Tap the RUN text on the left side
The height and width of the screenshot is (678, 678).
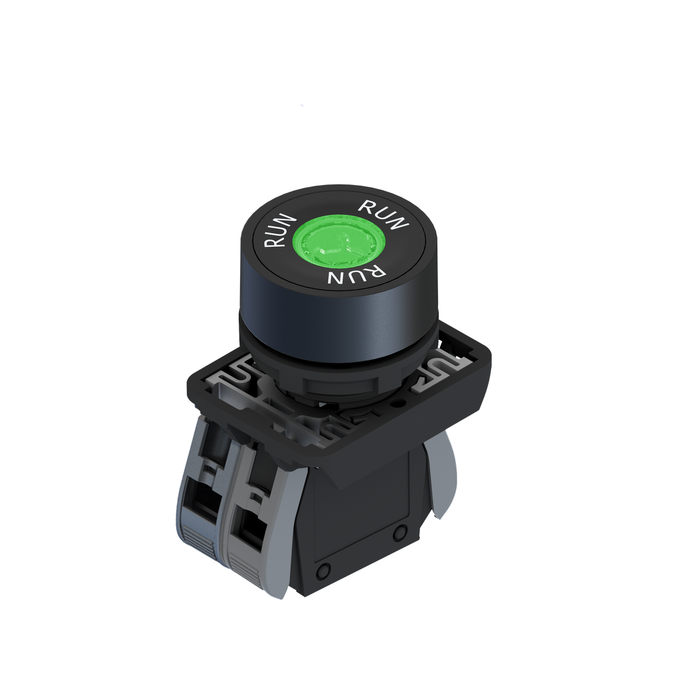[x=279, y=231]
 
